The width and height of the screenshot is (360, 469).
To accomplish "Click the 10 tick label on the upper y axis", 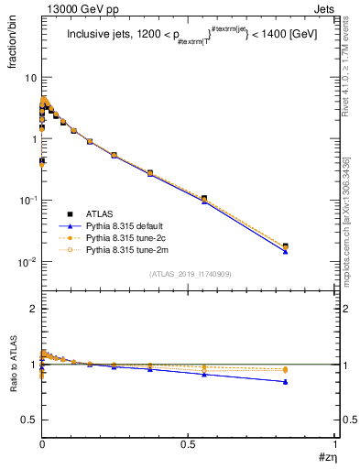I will point(28,78).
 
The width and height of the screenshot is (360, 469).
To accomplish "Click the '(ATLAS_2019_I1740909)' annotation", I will point(189,273).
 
